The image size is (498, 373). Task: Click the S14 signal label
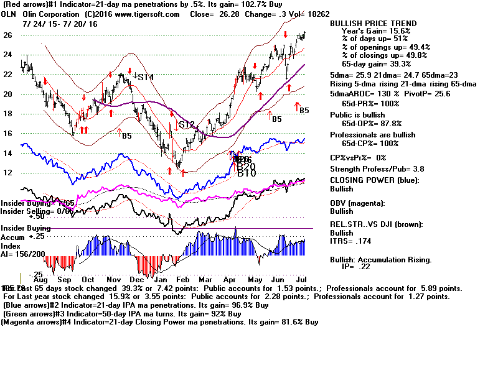[146, 77]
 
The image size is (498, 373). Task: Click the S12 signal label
[187, 125]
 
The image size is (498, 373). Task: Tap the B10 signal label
[247, 173]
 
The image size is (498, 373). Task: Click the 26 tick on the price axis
[8, 35]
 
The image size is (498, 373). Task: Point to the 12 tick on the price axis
[8, 172]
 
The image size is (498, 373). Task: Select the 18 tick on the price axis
[8, 114]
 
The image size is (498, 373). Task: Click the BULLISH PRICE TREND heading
[374, 24]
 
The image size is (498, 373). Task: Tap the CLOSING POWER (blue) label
[374, 181]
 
